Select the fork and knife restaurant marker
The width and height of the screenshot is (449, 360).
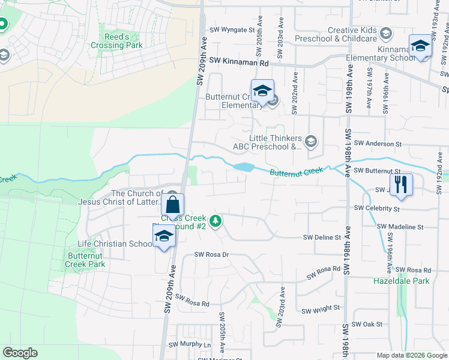click(401, 184)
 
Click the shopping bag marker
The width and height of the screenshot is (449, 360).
click(172, 205)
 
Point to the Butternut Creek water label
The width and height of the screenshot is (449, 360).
click(297, 173)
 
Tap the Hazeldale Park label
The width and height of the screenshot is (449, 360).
click(402, 281)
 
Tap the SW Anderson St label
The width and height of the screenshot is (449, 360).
click(377, 144)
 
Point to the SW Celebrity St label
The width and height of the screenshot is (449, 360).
click(377, 208)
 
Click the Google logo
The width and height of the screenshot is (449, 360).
click(20, 353)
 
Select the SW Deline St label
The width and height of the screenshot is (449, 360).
click(322, 238)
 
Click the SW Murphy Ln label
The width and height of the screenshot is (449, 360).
click(190, 345)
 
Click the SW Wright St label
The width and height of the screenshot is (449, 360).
click(321, 309)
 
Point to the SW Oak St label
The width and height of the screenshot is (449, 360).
click(367, 324)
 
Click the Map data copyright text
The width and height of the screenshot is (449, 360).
click(411, 355)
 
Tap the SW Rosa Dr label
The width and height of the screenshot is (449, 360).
click(211, 254)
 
